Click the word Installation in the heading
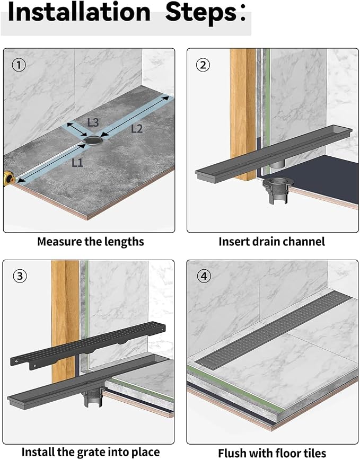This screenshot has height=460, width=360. click(x=79, y=12)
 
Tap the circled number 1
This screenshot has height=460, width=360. click(x=19, y=65)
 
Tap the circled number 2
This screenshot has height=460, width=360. click(x=203, y=65)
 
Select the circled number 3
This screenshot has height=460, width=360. click(x=20, y=276)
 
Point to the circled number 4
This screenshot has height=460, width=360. click(x=204, y=276)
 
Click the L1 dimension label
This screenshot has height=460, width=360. click(x=77, y=162)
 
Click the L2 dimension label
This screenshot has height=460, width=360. click(x=136, y=128)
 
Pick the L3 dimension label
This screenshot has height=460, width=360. click(x=93, y=122)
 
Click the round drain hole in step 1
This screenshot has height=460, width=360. click(x=94, y=140)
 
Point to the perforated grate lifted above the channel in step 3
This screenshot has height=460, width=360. click(x=88, y=344)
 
